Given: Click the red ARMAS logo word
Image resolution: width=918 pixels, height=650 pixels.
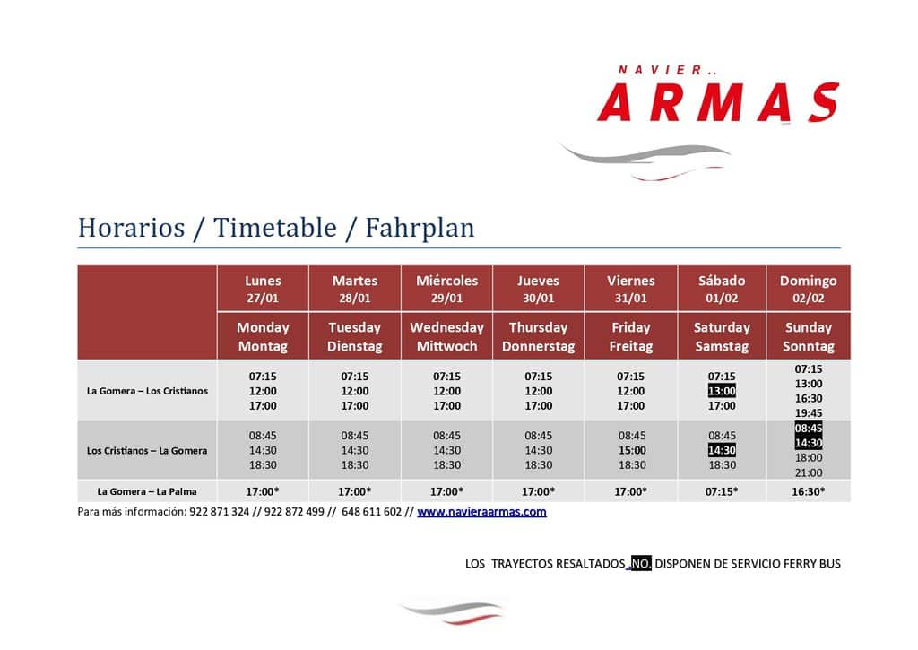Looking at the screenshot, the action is (x=718, y=102).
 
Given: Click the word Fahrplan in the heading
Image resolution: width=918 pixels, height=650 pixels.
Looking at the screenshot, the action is (x=420, y=228).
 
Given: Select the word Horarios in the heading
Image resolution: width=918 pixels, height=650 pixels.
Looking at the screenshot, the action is (x=131, y=227).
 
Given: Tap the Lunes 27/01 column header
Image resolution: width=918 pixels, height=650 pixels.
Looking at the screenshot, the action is (x=263, y=289).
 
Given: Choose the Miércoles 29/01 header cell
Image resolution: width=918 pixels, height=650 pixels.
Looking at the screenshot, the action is (x=446, y=289).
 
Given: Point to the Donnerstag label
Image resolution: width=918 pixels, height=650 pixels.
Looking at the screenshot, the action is (x=538, y=346).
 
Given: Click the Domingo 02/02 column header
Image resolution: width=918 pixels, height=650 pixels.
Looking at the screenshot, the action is (x=808, y=289).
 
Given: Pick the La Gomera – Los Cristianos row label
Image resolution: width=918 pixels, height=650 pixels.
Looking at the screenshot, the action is (x=147, y=391).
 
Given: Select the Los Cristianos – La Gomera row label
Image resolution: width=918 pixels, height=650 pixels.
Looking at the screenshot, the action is (x=147, y=451).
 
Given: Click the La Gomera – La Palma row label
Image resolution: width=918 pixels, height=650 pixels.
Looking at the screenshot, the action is (x=147, y=492).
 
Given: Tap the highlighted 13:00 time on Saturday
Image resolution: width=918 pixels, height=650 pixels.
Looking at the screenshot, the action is (x=722, y=391).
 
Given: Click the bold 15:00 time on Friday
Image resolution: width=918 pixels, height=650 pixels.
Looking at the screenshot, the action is (x=632, y=450).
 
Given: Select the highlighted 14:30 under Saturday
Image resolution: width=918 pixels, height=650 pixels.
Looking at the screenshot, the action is (x=722, y=450).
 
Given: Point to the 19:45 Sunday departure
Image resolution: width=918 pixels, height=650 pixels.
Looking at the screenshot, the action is (x=809, y=412).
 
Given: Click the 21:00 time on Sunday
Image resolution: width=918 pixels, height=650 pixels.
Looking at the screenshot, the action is (x=809, y=472).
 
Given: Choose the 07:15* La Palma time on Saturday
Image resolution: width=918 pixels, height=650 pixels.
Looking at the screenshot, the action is (x=722, y=492).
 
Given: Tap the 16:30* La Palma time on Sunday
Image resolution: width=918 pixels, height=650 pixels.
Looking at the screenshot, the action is (x=809, y=492).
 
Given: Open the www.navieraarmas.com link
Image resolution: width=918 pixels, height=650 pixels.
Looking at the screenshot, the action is (x=481, y=512).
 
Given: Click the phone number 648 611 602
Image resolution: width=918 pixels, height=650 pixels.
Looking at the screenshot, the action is (x=372, y=512).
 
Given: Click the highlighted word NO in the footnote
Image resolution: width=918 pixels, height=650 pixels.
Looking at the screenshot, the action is (x=641, y=563).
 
